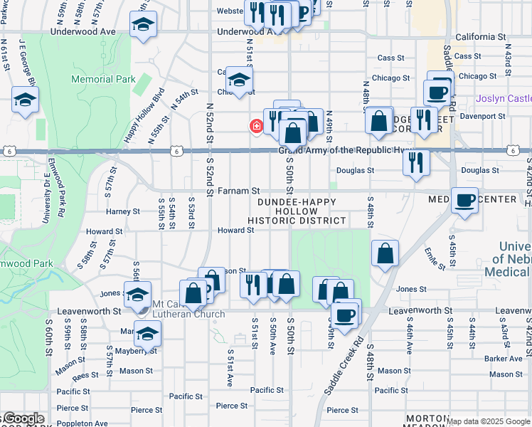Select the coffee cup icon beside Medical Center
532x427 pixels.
point(464,201)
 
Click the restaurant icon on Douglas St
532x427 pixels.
point(416,162)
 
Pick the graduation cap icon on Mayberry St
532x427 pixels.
point(147,333)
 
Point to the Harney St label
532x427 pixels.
point(123,211)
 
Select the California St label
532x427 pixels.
point(480,36)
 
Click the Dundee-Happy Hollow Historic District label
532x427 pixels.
point(297,211)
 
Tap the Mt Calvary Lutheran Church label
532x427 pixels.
point(184,308)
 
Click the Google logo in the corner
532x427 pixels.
point(23,418)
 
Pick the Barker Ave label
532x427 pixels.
point(504,359)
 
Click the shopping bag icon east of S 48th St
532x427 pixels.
point(385,253)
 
